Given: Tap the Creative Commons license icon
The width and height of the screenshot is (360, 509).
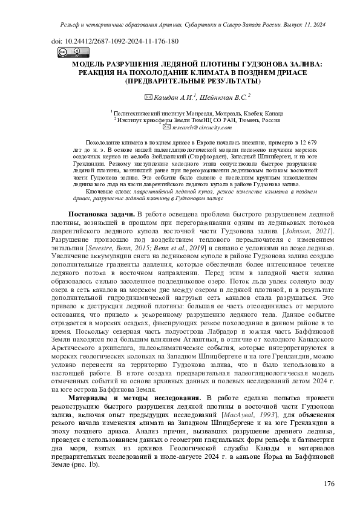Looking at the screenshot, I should pos(65,52).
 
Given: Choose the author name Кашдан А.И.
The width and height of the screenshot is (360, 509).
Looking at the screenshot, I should pos(180,97).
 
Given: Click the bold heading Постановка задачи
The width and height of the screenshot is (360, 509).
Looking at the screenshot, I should pos(100,215).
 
